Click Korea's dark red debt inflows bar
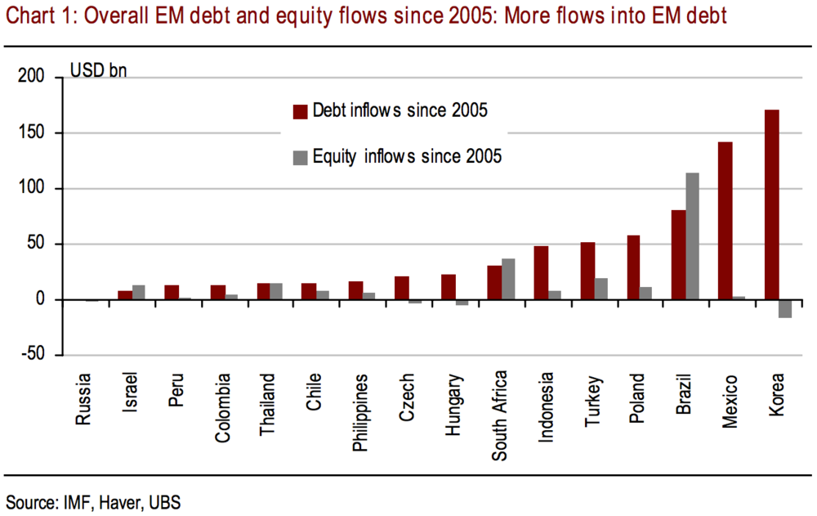(771, 204)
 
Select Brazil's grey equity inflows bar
(693, 236)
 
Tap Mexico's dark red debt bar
(725, 221)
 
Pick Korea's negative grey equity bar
(785, 308)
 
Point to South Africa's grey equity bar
(508, 279)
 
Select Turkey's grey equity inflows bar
(600, 289)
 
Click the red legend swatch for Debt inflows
(300, 111)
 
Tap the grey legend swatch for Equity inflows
(300, 155)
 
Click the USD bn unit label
(98, 71)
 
